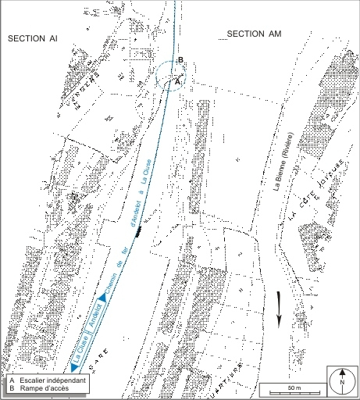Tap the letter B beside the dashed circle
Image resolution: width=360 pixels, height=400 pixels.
[180, 60]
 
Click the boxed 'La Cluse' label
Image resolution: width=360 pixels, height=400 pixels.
[80, 340]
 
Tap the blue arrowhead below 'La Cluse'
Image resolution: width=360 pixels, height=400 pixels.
[74, 366]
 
